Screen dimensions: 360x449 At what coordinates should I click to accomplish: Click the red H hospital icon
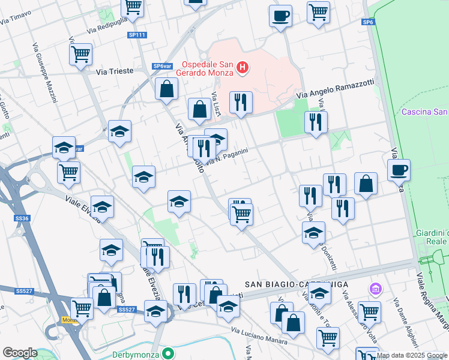click(243, 68)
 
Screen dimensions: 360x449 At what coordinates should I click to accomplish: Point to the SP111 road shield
click(137, 35)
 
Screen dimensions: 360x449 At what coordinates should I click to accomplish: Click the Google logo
click(20, 353)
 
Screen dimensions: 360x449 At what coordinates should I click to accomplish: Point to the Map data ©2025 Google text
click(411, 355)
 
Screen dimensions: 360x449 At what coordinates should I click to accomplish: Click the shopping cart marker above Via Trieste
click(80, 55)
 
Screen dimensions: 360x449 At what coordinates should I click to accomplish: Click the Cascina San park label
click(424, 112)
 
